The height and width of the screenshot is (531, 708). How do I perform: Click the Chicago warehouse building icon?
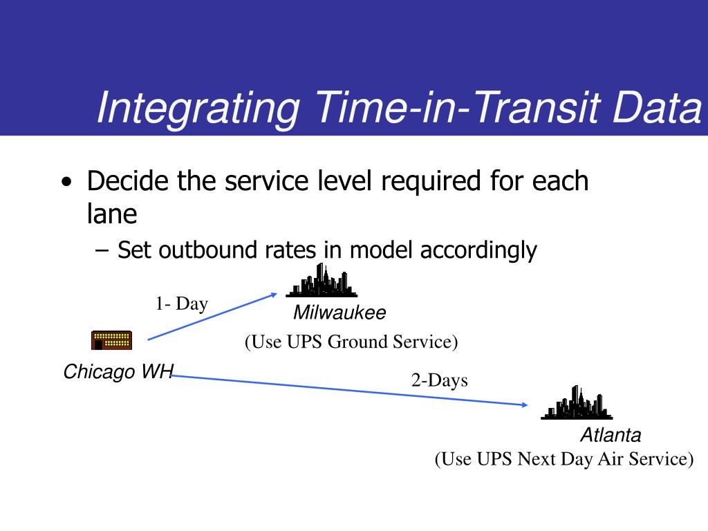(111, 340)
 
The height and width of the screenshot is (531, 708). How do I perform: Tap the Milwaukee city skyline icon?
(322, 281)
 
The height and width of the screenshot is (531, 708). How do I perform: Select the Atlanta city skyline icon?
(577, 403)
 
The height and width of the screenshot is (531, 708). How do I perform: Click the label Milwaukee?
(339, 313)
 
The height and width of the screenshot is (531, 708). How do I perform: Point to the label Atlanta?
(611, 435)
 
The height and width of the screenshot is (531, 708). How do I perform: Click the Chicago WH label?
(118, 371)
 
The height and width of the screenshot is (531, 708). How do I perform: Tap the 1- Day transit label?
(182, 304)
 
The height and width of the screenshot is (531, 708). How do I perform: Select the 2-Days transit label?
(439, 380)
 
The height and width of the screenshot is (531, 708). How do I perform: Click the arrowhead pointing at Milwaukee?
(274, 295)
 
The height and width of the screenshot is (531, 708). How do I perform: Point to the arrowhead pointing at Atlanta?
(525, 405)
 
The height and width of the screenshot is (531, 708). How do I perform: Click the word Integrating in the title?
(198, 108)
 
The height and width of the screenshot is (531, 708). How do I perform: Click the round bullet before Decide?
(66, 182)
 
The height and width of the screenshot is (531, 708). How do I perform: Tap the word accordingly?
(478, 251)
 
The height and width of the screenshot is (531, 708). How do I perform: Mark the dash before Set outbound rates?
(102, 250)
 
